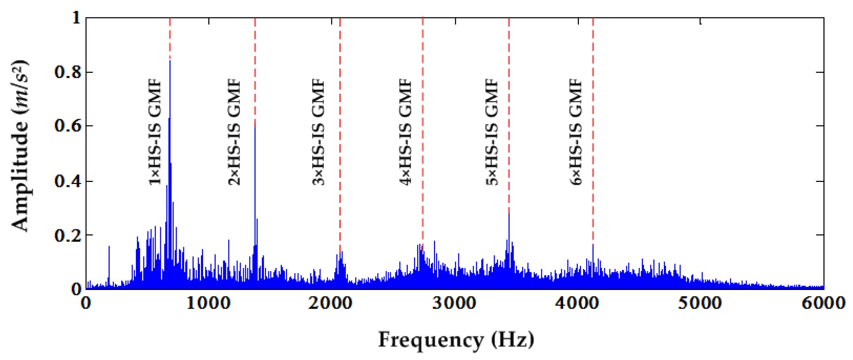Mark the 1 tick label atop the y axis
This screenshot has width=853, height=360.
coord(76,17)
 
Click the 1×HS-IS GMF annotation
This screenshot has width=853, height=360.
coord(155,132)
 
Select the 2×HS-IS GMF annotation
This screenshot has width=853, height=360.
coord(234,132)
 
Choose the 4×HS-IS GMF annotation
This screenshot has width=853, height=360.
coord(405,132)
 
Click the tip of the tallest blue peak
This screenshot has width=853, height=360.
coord(170,61)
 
